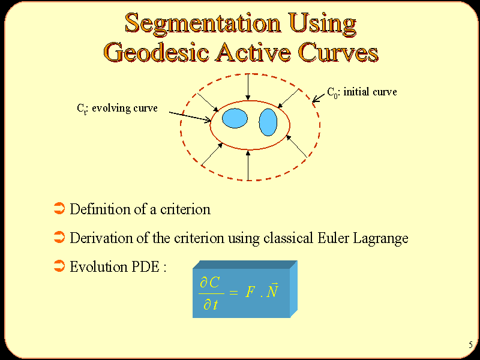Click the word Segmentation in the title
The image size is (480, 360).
point(203,23)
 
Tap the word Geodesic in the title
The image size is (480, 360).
point(157,52)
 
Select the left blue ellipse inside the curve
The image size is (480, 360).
point(235,118)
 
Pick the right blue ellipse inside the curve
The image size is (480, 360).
point(268,122)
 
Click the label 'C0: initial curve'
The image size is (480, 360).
point(362,92)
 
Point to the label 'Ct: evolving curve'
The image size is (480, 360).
point(117,109)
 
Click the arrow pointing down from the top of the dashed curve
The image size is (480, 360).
point(248,87)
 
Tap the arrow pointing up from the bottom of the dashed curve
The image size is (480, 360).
point(248,166)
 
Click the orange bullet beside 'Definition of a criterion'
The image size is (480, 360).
point(59,208)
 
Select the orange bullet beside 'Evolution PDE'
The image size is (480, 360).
point(59,266)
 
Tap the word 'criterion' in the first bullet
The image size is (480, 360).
point(185,209)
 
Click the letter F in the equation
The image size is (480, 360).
point(250,292)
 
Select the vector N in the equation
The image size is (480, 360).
point(272,290)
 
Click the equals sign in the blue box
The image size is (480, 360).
point(233,293)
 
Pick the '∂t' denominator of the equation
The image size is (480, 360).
point(211,305)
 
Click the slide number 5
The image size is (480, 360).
point(470,345)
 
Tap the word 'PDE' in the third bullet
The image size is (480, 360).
point(145,266)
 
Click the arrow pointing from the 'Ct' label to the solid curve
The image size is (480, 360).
point(190,116)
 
